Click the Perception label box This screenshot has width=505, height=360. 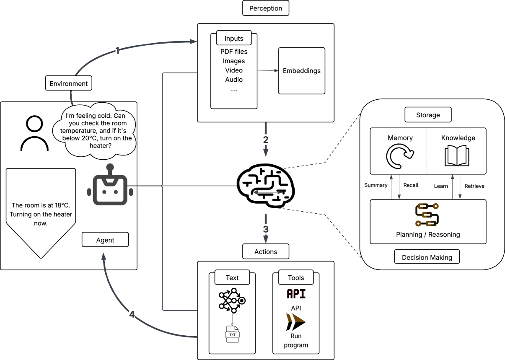point(266,8)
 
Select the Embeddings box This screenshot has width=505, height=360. point(302,71)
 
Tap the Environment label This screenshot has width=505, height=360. point(69,83)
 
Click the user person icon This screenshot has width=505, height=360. point(34,134)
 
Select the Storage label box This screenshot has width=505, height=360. point(428,115)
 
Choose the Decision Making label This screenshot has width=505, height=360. point(427,257)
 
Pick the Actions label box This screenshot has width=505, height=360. point(266,252)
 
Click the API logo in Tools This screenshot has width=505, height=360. point(296,294)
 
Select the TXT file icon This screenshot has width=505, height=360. point(232,334)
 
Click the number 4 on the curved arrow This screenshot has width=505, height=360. point(132,315)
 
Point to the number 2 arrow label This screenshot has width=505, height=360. point(266,140)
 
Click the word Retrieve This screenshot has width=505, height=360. point(474,186)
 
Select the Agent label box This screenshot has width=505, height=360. point(105,240)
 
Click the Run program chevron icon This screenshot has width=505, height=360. point(296,322)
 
